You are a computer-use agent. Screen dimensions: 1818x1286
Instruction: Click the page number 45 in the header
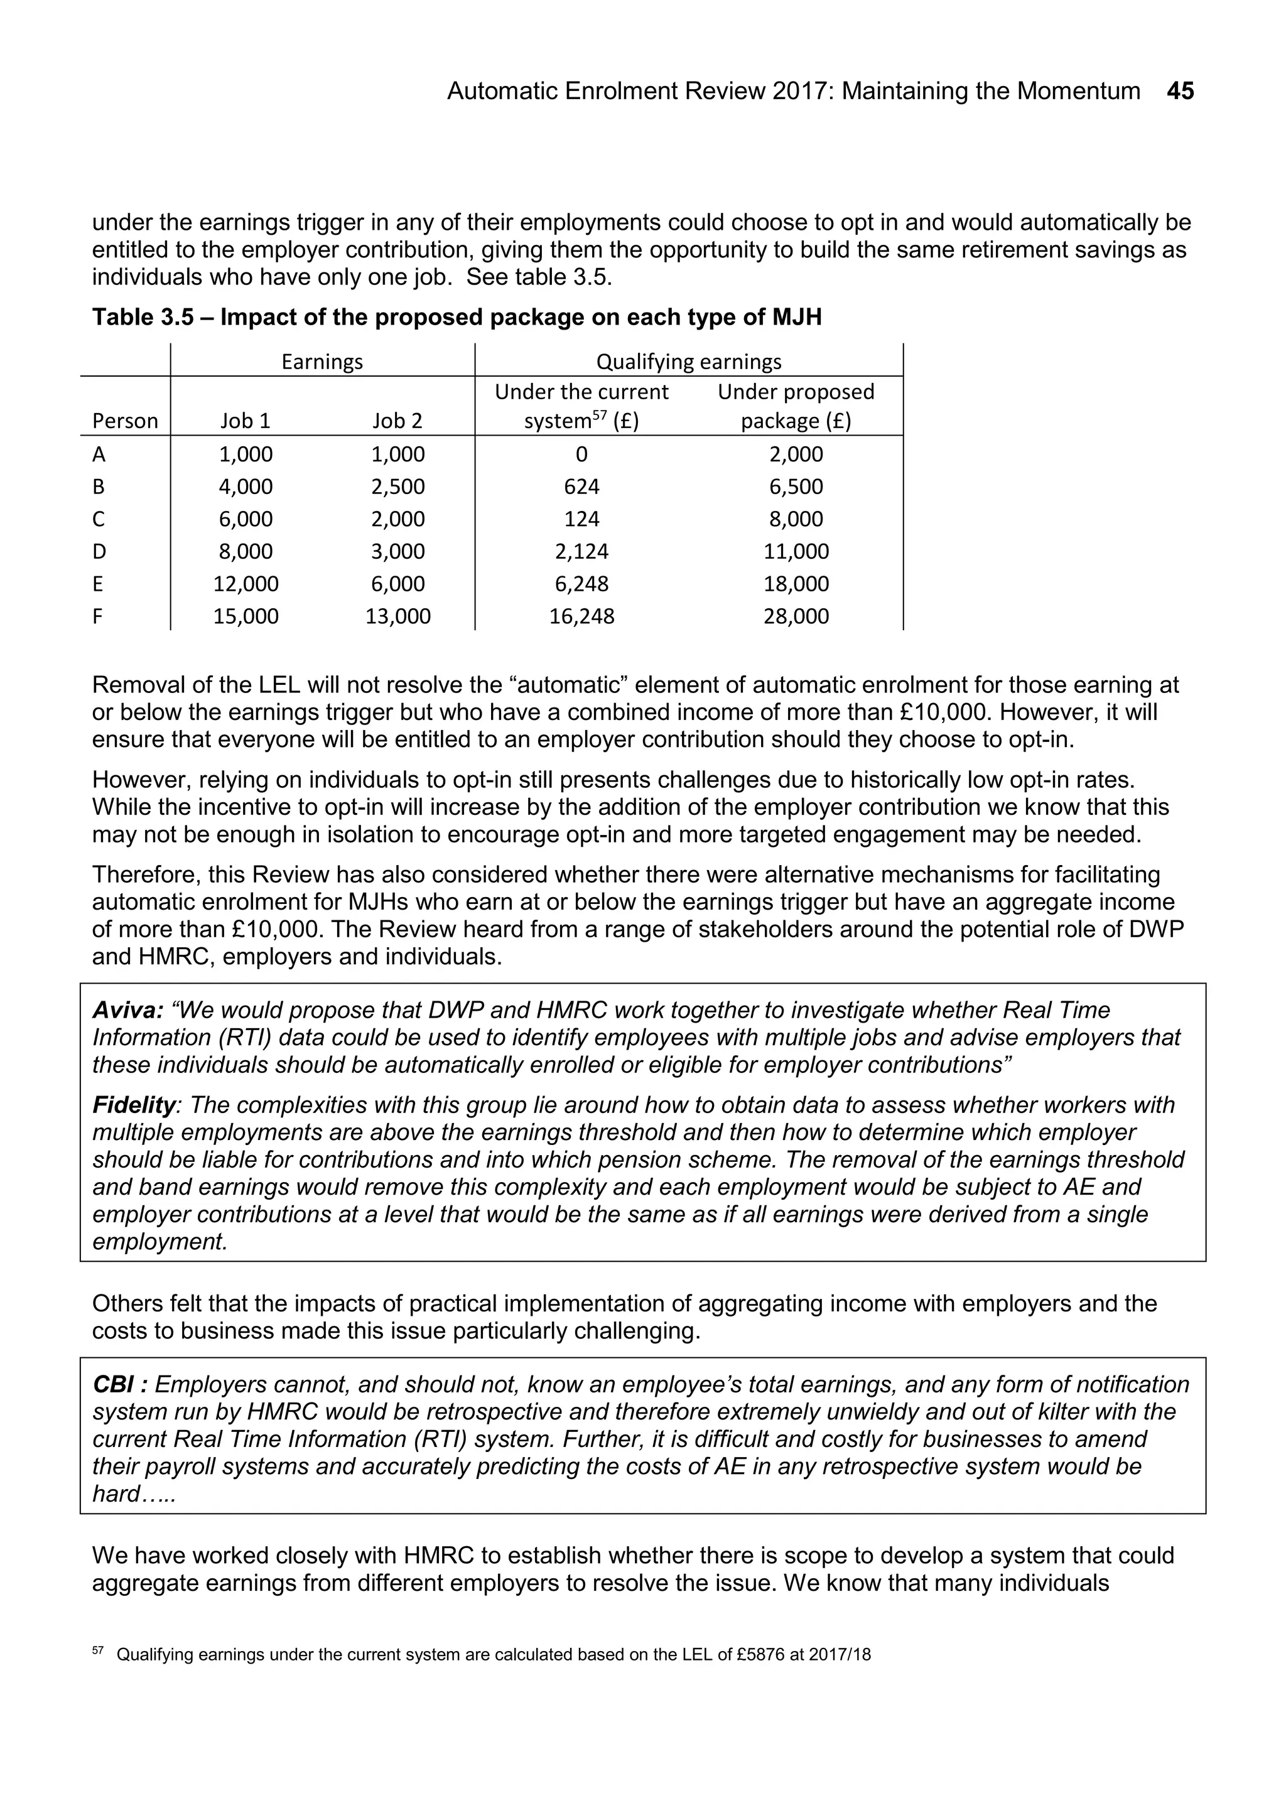click(1180, 92)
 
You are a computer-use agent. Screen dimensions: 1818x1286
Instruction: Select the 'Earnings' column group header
click(321, 362)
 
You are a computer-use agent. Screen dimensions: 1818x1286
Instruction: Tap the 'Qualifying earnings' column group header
click(688, 362)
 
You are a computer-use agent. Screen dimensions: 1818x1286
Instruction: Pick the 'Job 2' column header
click(397, 421)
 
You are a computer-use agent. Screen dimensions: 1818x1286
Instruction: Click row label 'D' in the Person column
click(99, 552)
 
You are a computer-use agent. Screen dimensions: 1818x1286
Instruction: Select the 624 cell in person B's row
click(581, 487)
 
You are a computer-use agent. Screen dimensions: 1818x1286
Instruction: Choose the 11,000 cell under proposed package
click(796, 552)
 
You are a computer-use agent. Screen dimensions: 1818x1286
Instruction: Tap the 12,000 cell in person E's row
click(246, 584)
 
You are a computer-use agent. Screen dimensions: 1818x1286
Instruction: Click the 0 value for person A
click(581, 455)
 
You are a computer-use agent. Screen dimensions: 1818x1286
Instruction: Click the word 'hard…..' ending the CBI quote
click(133, 1494)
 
